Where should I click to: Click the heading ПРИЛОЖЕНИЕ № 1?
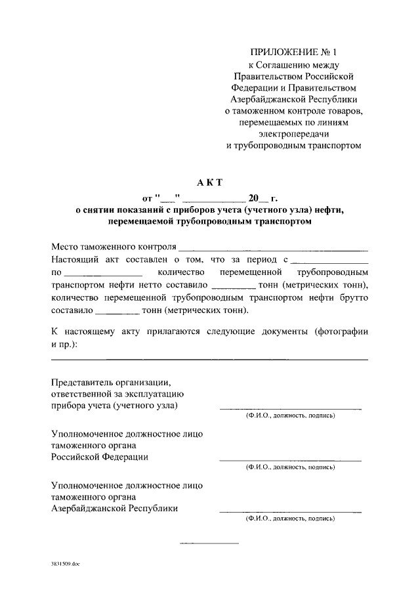pyautogui.click(x=293, y=52)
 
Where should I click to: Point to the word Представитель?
pyautogui.click(x=79, y=382)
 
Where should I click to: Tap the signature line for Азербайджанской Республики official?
pyautogui.click(x=289, y=511)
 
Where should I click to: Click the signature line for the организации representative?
pyautogui.click(x=289, y=409)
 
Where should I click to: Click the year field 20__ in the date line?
pyautogui.click(x=254, y=197)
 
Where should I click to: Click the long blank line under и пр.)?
pyautogui.click(x=209, y=359)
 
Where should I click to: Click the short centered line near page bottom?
pyautogui.click(x=209, y=543)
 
